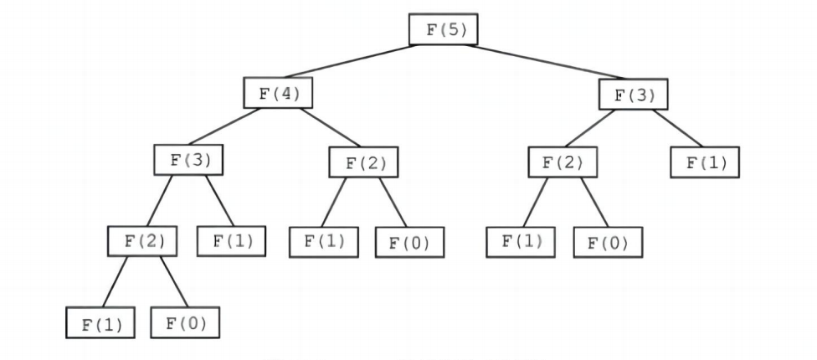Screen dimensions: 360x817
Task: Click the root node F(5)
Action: (443, 30)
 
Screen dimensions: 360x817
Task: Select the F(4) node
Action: (278, 93)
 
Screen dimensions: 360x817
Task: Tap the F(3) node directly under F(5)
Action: (634, 94)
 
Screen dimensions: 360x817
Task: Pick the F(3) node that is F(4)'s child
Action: (189, 158)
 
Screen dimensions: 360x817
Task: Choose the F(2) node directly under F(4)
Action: (362, 162)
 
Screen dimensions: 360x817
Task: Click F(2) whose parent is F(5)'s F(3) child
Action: (563, 162)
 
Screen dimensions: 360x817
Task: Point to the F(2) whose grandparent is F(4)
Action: (143, 241)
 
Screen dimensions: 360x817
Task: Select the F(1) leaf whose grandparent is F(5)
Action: (705, 162)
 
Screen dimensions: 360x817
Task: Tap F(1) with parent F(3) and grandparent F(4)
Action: (231, 241)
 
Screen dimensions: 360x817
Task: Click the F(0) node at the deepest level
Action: (185, 322)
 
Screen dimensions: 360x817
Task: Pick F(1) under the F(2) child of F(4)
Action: (324, 241)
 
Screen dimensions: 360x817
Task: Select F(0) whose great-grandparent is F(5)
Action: (607, 243)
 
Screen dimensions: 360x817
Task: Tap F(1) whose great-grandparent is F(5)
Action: (522, 241)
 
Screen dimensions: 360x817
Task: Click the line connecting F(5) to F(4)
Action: (360, 61)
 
